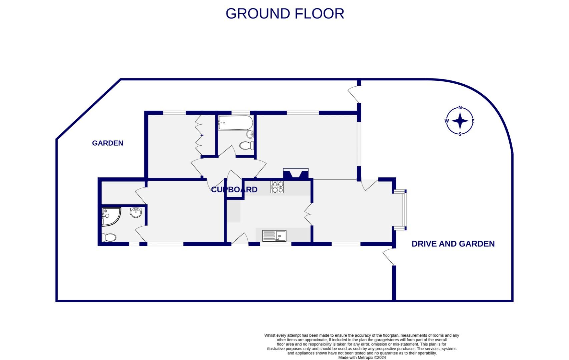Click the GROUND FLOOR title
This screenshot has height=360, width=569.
tap(284, 14)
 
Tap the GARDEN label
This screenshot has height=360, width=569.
tap(107, 143)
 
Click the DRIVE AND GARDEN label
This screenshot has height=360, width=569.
tap(453, 244)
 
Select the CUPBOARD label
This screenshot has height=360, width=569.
tap(234, 190)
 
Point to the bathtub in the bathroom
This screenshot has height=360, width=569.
tap(235, 123)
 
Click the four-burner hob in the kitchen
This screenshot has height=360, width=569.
tap(277, 187)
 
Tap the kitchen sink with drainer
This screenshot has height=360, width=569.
tap(274, 236)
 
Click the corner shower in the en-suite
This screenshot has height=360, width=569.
tap(110, 216)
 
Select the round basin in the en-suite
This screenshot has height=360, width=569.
tap(136, 212)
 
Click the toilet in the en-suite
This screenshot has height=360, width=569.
tap(109, 237)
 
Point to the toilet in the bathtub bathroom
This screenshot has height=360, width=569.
tap(246, 145)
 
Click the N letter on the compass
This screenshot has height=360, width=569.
tap(460, 108)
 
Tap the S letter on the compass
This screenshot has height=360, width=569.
tap(460, 134)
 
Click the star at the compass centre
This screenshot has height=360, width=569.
tap(460, 121)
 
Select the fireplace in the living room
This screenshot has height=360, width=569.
tap(296, 174)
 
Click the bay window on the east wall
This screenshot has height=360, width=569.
tap(404, 210)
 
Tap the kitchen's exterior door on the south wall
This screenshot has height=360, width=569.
tap(239, 239)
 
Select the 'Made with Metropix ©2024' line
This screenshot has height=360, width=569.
tap(362, 357)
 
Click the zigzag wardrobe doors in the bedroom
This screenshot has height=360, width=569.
tap(199, 135)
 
